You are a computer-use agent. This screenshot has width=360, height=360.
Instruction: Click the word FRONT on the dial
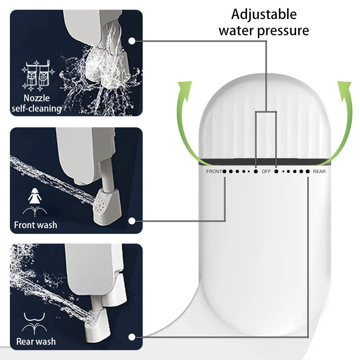tap(214, 171)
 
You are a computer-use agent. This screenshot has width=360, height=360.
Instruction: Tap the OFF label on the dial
tap(266, 171)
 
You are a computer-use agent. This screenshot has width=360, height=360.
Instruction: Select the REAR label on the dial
tap(319, 171)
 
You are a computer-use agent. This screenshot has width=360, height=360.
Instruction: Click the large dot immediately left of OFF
tap(256, 171)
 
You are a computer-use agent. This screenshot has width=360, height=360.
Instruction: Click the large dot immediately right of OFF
tap(276, 171)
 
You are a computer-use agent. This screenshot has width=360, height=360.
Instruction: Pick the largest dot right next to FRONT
tap(224, 171)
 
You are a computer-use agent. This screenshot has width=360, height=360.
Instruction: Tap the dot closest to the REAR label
tap(308, 171)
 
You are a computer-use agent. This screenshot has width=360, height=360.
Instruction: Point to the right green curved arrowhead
tap(346, 85)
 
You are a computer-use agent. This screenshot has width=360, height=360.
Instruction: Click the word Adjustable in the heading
tap(264, 14)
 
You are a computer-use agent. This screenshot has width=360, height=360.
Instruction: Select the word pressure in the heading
tap(286, 30)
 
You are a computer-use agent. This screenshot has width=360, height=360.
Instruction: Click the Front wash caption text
tap(36, 225)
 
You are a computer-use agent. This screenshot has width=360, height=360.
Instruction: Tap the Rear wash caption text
tap(36, 341)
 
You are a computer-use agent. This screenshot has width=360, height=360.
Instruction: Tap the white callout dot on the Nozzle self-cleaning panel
tap(132, 41)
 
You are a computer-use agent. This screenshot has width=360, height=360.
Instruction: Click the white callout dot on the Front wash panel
tap(132, 220)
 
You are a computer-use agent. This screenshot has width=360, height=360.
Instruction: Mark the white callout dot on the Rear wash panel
tap(132, 337)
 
